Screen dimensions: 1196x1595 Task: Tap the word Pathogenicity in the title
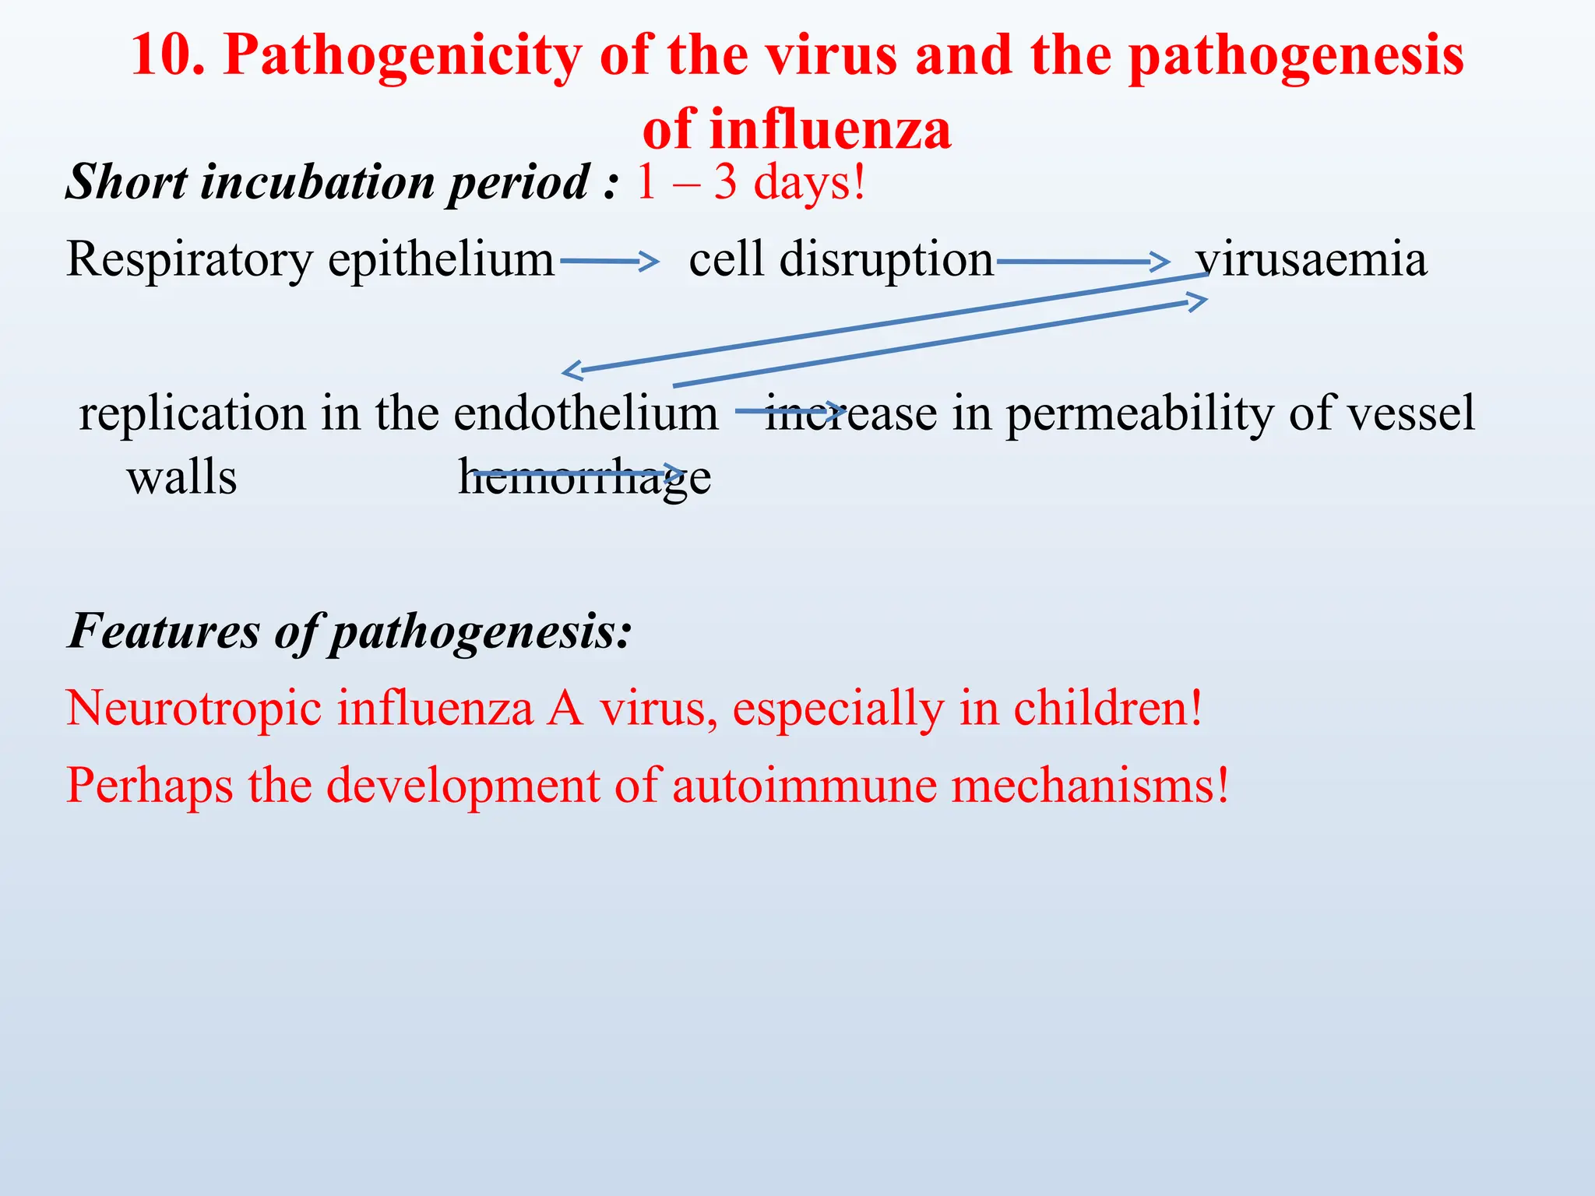click(x=402, y=56)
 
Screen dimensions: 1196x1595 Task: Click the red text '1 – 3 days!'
click(x=750, y=182)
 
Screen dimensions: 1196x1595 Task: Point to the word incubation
click(x=316, y=182)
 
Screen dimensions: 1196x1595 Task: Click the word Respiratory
click(x=188, y=259)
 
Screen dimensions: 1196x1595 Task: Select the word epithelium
click(x=440, y=259)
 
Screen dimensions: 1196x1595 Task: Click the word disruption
click(x=886, y=259)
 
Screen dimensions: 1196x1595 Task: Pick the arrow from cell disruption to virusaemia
click(x=1082, y=262)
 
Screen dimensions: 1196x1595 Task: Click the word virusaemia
click(x=1312, y=259)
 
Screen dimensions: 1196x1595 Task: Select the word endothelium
click(x=586, y=413)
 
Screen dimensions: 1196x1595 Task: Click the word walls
click(x=181, y=477)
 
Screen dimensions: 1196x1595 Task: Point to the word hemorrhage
click(x=584, y=477)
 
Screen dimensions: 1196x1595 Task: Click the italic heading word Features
click(x=164, y=631)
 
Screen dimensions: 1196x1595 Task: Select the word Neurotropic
click(x=193, y=709)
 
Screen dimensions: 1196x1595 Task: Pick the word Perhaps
click(x=149, y=785)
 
